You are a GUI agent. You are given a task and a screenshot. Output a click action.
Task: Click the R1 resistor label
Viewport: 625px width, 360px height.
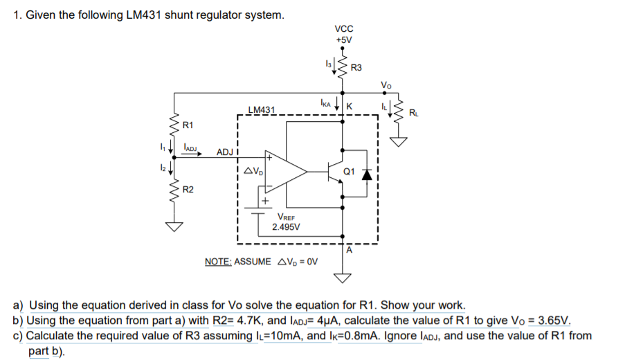pyautogui.click(x=187, y=125)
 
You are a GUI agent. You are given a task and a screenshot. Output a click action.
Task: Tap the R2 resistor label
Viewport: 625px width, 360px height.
pyautogui.click(x=188, y=189)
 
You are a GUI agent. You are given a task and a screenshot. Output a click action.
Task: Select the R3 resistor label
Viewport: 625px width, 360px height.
pyautogui.click(x=356, y=68)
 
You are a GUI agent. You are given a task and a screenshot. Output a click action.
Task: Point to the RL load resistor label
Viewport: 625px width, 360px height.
pyautogui.click(x=413, y=112)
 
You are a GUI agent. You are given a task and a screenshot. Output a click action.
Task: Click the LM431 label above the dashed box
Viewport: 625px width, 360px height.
pyautogui.click(x=262, y=109)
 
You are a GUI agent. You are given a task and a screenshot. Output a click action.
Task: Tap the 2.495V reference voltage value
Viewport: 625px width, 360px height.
pyautogui.click(x=286, y=227)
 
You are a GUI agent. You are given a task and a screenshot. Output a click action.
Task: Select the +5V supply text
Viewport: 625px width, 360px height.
pyautogui.click(x=344, y=39)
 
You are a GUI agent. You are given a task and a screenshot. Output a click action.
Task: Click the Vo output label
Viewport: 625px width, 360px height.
pyautogui.click(x=386, y=85)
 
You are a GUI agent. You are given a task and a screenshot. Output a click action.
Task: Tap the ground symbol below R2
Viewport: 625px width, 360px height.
pyautogui.click(x=174, y=225)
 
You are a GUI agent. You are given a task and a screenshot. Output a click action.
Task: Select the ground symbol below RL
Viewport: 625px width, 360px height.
pyautogui.click(x=399, y=142)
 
